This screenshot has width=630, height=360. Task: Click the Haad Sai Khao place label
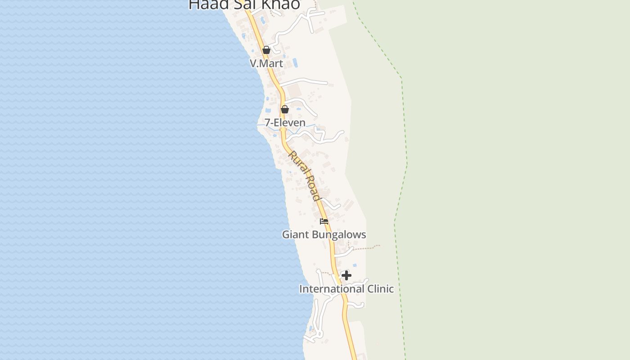click(244, 4)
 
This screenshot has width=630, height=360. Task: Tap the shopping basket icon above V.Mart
click(266, 49)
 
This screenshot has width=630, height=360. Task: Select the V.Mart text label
click(266, 63)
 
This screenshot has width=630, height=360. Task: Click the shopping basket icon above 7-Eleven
click(284, 109)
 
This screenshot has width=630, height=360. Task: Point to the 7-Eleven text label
click(285, 122)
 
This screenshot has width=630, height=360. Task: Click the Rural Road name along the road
click(304, 175)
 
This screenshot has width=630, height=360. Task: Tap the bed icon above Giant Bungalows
click(324, 221)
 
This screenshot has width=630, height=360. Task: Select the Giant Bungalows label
click(324, 234)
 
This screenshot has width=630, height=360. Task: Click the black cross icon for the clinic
click(346, 275)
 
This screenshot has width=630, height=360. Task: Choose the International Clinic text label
click(346, 289)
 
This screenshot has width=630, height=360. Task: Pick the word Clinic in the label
click(381, 289)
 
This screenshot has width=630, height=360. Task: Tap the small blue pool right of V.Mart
click(295, 62)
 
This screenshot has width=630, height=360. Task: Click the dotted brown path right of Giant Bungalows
click(367, 247)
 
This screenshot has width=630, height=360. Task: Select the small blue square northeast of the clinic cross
click(355, 265)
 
